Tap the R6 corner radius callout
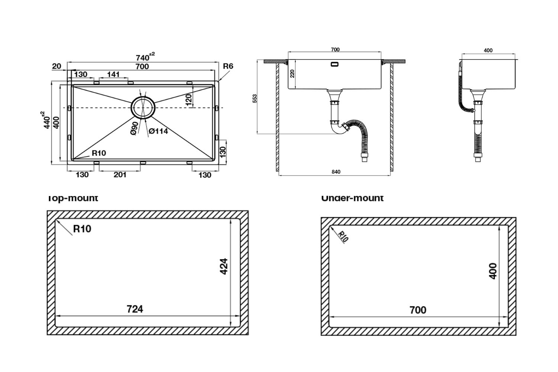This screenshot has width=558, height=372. (228, 66)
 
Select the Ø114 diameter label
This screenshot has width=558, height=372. (158, 131)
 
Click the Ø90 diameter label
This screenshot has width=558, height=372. (135, 128)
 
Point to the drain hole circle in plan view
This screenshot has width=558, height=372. (142, 108)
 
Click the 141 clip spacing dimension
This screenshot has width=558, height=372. (113, 74)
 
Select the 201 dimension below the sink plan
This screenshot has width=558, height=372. (120, 175)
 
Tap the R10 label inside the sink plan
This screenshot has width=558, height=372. (99, 153)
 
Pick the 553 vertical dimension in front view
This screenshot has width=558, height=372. (255, 98)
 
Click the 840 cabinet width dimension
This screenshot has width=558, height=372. (336, 172)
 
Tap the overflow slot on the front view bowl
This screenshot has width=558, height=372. (335, 64)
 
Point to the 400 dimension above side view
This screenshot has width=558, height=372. (488, 51)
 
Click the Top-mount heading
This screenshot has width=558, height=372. (73, 198)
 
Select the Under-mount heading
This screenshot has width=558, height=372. (352, 198)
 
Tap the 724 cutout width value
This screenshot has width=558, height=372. (135, 309)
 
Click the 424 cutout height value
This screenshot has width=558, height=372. (224, 266)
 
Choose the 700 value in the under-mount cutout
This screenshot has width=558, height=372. (418, 310)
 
